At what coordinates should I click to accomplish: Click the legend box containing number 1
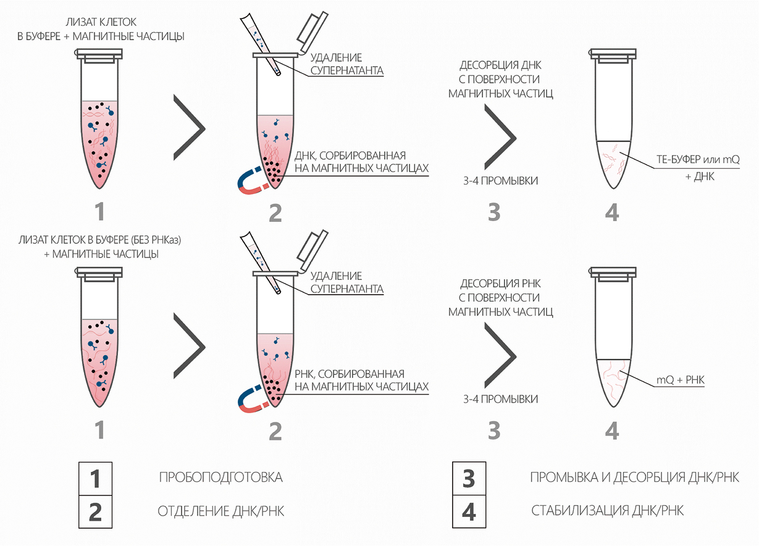point(96,478)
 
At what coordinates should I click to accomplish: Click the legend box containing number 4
point(469,511)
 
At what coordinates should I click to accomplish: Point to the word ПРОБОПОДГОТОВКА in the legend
point(220,477)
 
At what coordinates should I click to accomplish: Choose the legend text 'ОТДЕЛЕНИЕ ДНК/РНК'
point(222,511)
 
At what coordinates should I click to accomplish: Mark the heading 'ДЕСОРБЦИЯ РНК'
point(500,284)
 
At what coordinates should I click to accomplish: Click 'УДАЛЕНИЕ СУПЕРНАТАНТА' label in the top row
point(346,64)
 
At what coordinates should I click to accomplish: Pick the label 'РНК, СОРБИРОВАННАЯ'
point(353,374)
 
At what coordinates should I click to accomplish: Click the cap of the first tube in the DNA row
point(99,56)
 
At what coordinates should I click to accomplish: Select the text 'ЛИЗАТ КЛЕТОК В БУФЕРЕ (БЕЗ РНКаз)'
point(99,240)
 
